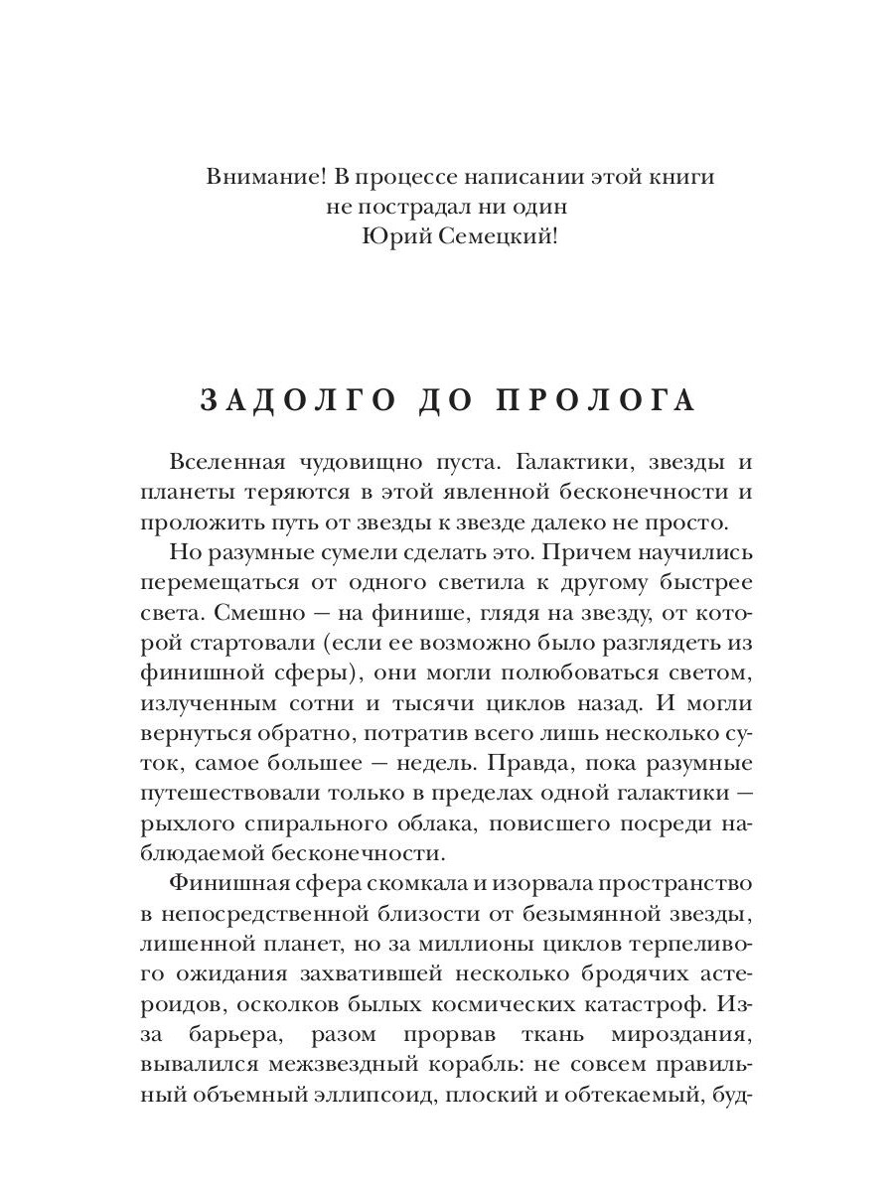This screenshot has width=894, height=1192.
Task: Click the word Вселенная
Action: [227, 463]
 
